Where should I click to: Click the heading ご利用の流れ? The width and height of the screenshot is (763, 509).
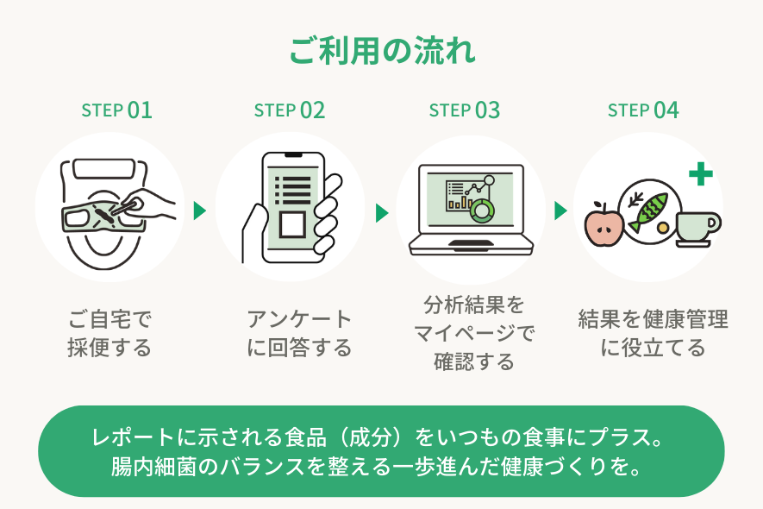click(382, 51)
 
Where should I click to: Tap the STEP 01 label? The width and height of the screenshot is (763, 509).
click(116, 110)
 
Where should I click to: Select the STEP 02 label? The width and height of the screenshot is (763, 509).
click(290, 110)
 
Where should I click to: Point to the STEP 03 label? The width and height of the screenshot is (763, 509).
click(464, 110)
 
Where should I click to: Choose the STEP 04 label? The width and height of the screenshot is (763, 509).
click(643, 110)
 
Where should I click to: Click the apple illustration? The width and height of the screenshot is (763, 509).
click(604, 224)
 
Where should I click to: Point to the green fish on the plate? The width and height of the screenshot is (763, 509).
click(649, 211)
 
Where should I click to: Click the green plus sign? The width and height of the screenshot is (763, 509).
click(701, 175)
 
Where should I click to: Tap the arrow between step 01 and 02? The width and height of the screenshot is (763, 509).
click(200, 211)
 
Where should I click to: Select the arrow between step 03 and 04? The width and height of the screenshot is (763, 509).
click(560, 211)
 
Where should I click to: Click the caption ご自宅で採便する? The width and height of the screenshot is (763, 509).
click(109, 334)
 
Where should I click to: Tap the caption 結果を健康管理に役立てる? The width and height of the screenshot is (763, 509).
click(653, 334)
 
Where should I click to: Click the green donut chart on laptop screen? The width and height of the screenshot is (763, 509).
click(479, 209)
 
